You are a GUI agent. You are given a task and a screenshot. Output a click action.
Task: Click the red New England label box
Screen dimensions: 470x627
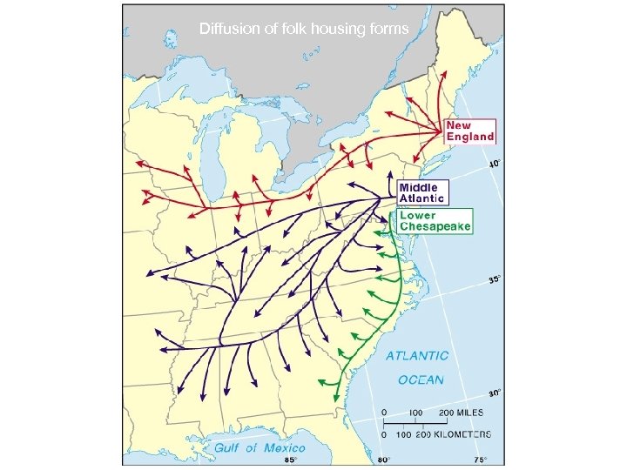[x=469, y=131]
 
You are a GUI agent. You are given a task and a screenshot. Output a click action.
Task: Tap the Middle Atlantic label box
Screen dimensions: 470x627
[x=423, y=192]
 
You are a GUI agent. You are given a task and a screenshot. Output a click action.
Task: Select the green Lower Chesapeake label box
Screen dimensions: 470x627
[x=435, y=220]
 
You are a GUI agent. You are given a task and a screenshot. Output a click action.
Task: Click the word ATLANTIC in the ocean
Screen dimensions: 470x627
[x=418, y=356]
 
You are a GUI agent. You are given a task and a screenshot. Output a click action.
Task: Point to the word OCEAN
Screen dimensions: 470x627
[x=421, y=379]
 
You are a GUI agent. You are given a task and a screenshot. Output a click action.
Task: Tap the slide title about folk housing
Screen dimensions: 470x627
[x=304, y=29]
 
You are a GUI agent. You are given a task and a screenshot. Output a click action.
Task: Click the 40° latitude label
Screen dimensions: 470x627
[x=493, y=164]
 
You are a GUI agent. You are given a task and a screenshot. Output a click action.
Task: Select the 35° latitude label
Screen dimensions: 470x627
[x=493, y=280]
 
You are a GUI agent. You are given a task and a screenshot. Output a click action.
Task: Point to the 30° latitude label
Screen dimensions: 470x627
[x=494, y=393]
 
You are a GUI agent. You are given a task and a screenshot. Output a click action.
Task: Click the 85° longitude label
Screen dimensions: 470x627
[x=293, y=459]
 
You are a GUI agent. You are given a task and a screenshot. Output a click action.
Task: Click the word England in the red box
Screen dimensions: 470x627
[x=470, y=137]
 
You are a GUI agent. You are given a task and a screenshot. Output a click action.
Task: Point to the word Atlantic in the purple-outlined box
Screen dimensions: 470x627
[x=422, y=198]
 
